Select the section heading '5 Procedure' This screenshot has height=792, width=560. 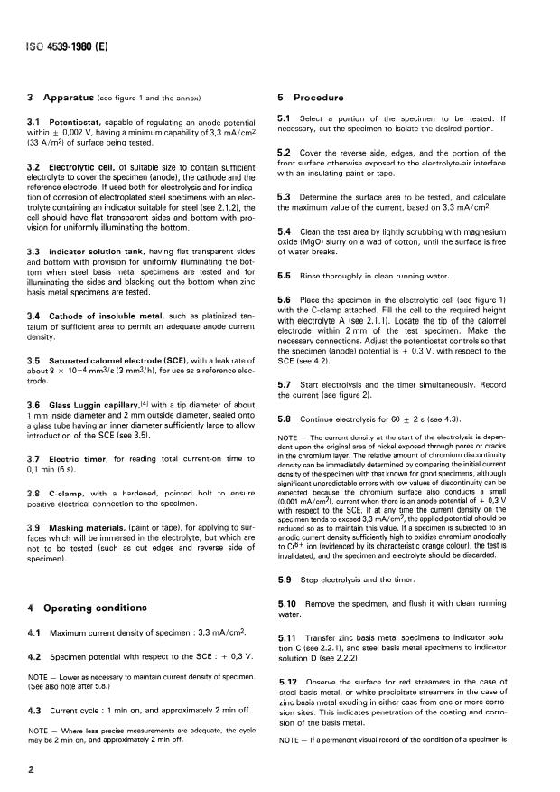(313, 98)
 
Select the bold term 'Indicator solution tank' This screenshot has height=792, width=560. (100, 250)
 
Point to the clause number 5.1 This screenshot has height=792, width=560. (285, 118)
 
